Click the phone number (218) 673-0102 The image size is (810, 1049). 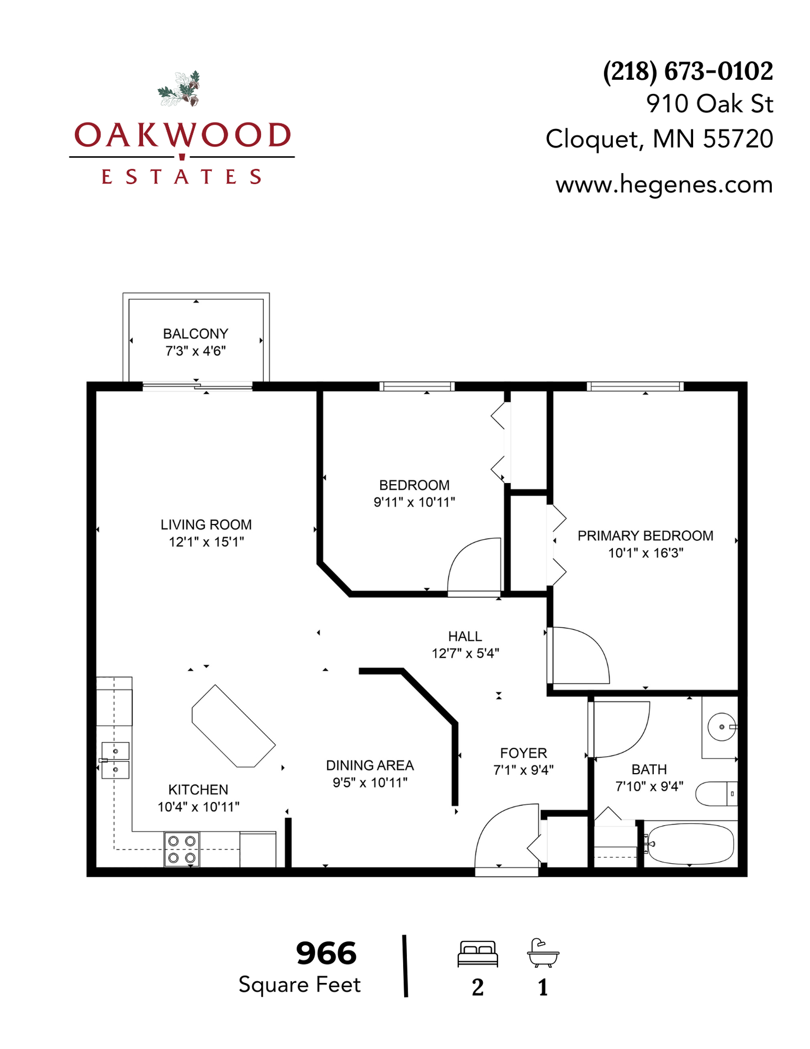coord(687,72)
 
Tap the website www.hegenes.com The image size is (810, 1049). coord(664,185)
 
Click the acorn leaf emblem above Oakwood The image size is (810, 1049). coord(180,89)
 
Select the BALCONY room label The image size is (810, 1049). coord(196,334)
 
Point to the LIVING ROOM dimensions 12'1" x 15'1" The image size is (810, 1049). coord(206,542)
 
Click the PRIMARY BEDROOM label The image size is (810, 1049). coord(645,536)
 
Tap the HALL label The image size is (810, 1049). coord(465,637)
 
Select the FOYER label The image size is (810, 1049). coord(523,753)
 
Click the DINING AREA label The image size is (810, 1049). coord(370,765)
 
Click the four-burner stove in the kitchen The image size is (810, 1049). coord(182,849)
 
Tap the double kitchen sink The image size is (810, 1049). coord(115,760)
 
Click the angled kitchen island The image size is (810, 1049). coord(233,726)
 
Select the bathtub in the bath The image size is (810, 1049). coord(689,844)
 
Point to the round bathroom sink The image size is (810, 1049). coord(722,727)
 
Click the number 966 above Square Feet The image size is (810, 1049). coord(326,954)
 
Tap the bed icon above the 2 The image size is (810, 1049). coord(477,954)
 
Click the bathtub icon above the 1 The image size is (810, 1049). coord(543,953)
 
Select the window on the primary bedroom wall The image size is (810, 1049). coord(635,387)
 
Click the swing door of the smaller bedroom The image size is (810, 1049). coord(474,565)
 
